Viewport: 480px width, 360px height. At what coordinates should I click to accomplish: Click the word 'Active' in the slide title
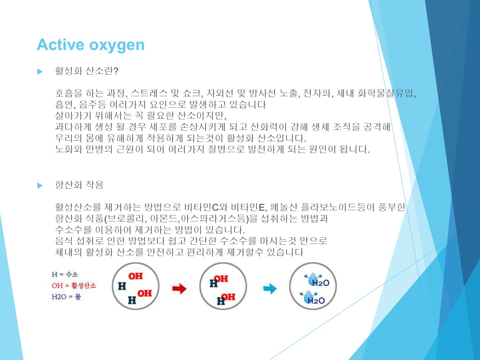(60, 45)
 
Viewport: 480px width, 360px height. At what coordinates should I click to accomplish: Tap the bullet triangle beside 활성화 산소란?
(40, 71)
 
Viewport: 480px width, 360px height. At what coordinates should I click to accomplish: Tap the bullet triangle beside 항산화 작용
(40, 186)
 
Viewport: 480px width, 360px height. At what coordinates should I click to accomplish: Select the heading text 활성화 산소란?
(87, 71)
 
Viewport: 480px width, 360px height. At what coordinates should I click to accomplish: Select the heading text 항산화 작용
(79, 185)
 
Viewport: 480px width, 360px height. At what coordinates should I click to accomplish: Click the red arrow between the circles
(179, 289)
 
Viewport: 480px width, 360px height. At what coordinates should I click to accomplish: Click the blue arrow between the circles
(270, 289)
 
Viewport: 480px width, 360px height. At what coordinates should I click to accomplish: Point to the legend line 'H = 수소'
(65, 274)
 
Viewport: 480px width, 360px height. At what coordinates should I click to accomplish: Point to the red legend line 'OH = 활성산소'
(74, 285)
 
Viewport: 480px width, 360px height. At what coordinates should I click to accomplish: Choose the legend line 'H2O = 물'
(66, 297)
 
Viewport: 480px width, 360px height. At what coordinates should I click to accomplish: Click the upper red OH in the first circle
(136, 276)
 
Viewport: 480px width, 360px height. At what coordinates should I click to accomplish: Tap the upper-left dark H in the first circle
(122, 286)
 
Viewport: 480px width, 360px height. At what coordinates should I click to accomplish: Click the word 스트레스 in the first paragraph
(149, 93)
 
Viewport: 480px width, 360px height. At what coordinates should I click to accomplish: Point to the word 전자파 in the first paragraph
(317, 93)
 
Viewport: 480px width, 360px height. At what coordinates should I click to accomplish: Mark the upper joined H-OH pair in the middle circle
(219, 281)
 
